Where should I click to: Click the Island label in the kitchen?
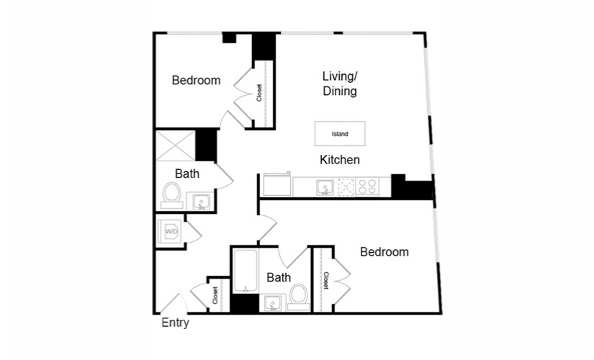(x=340, y=134)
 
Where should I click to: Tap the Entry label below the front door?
(x=175, y=323)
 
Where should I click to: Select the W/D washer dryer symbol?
(x=171, y=230)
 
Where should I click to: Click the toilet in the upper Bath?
(x=171, y=195)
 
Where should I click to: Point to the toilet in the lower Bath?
(x=299, y=297)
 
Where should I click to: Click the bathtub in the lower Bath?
(x=246, y=271)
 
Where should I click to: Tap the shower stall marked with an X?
(x=176, y=145)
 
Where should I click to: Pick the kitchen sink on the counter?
(x=325, y=187)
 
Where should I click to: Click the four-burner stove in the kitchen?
(x=367, y=186)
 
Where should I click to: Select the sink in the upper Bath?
(x=200, y=201)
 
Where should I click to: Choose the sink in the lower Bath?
(x=272, y=303)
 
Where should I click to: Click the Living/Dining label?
(x=340, y=84)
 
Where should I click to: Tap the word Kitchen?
(x=340, y=160)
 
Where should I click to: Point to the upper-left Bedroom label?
(x=196, y=81)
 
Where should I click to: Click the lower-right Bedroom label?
(x=384, y=252)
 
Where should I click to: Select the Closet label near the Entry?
(x=215, y=295)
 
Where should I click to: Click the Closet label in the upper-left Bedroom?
(x=259, y=92)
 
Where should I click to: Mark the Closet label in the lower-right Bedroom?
(x=325, y=280)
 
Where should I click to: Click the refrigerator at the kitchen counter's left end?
(x=277, y=185)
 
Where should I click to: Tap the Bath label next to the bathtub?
(x=279, y=277)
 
